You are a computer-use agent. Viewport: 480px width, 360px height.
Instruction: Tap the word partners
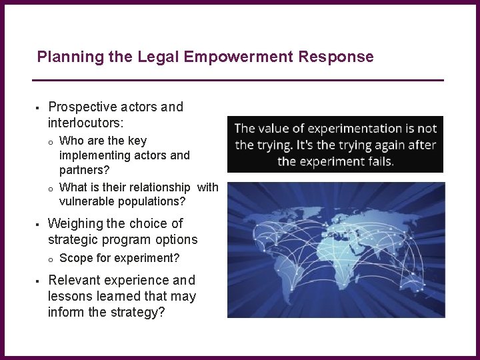[85, 170]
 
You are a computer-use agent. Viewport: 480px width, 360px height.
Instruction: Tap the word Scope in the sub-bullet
[75, 258]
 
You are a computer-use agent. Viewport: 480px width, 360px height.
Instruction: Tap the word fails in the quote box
[379, 161]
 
